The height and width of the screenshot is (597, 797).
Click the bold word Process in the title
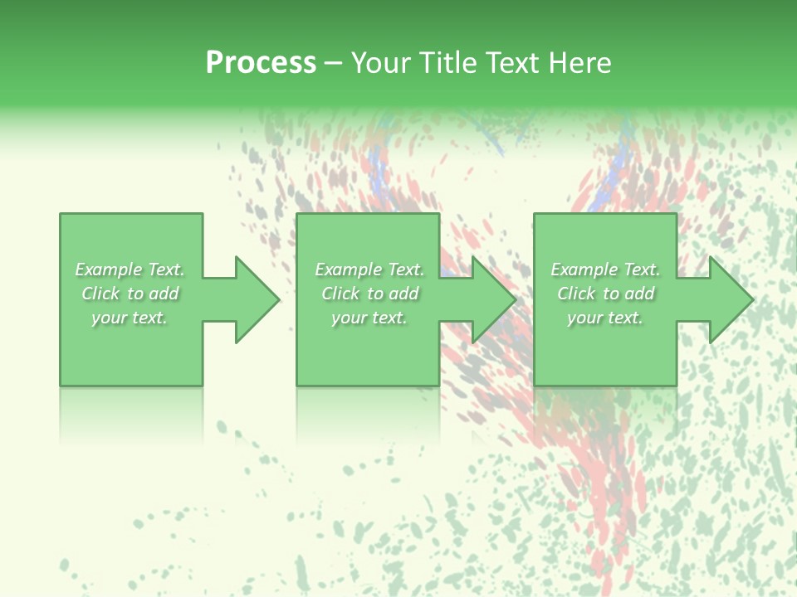click(261, 63)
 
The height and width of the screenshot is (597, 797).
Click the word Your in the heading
click(381, 63)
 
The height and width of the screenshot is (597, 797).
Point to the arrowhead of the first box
click(257, 299)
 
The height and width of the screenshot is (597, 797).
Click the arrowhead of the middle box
click(494, 299)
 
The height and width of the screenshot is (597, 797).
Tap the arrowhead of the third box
click(731, 299)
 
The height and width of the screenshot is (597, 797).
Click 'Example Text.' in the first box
click(130, 269)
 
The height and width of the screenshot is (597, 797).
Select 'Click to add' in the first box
click(130, 294)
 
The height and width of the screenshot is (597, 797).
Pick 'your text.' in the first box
click(130, 318)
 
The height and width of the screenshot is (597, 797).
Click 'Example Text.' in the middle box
click(369, 269)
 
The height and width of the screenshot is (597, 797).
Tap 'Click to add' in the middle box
click(369, 294)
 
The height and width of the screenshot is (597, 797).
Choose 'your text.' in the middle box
click(369, 318)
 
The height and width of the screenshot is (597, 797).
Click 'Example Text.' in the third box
click(605, 269)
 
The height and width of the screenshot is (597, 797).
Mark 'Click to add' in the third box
click(605, 294)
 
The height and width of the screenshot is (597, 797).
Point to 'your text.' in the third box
click(605, 318)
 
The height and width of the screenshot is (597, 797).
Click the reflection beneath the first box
click(131, 410)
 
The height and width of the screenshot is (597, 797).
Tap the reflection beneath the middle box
click(368, 410)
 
